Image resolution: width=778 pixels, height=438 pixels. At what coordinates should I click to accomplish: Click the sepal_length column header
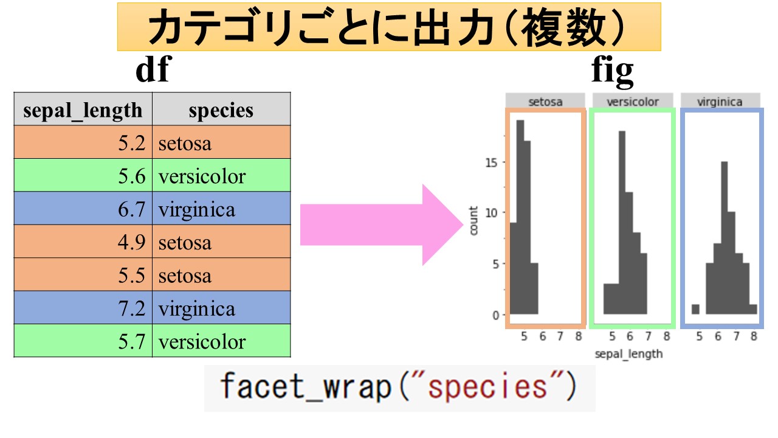coord(83,110)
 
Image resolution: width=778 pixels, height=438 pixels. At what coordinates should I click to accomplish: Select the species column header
coord(221,110)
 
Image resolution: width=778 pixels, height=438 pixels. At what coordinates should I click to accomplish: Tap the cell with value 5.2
coord(83,143)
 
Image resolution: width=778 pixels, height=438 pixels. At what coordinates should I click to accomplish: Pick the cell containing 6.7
coord(83,209)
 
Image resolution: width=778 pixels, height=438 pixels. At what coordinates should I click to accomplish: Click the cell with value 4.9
coord(83,242)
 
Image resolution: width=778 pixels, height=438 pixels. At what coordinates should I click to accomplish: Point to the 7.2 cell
coord(83,308)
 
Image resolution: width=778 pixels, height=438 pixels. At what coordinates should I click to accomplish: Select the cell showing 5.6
coord(83,176)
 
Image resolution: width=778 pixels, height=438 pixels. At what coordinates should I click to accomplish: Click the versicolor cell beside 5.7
coord(221,341)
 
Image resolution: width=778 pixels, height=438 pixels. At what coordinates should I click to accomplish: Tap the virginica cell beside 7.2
coord(221,308)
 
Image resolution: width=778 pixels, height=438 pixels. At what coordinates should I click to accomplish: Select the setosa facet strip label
coord(545,102)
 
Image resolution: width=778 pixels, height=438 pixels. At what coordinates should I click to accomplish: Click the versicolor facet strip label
coord(633,102)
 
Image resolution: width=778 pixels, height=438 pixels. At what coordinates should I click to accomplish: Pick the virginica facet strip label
coord(720,102)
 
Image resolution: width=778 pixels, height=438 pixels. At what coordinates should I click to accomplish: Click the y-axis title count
coord(473,220)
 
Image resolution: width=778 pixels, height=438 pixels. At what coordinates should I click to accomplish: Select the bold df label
coord(152,71)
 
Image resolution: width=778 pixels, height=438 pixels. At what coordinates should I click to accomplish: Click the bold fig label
coord(612,71)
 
